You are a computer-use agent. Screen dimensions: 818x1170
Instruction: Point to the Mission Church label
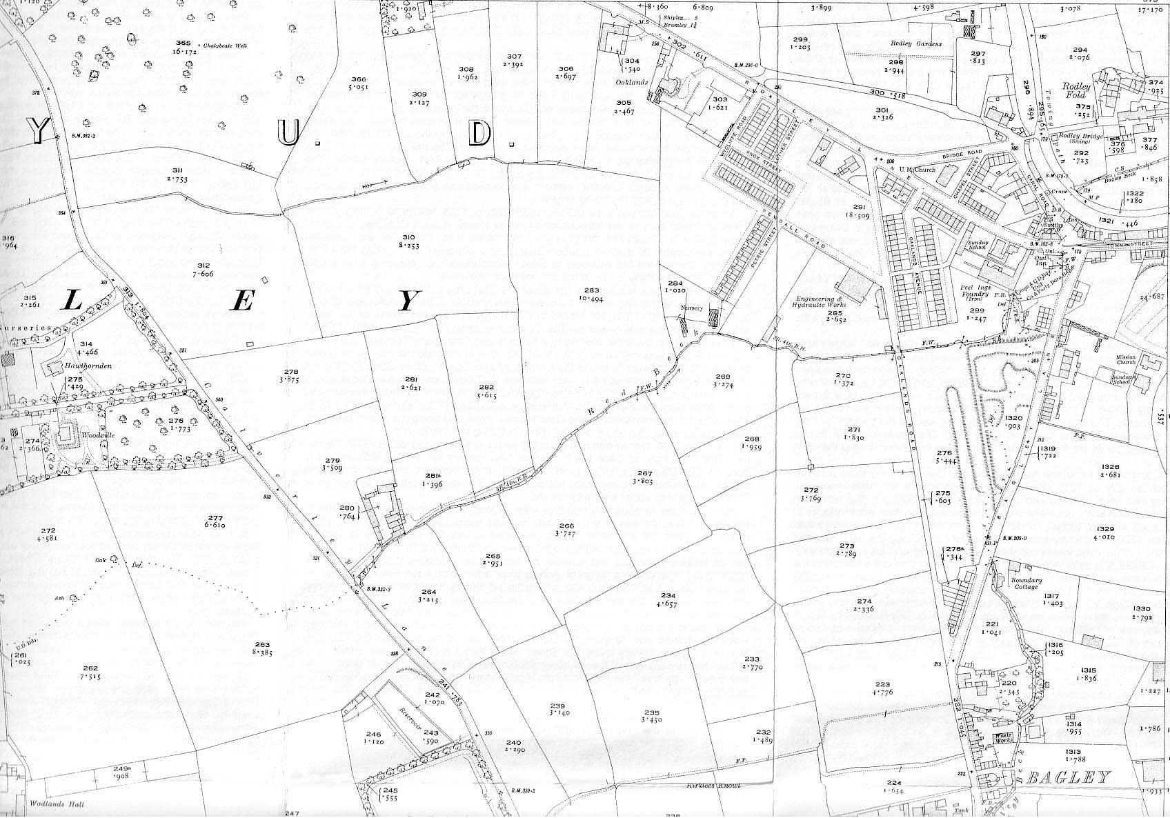coord(1115,369)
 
